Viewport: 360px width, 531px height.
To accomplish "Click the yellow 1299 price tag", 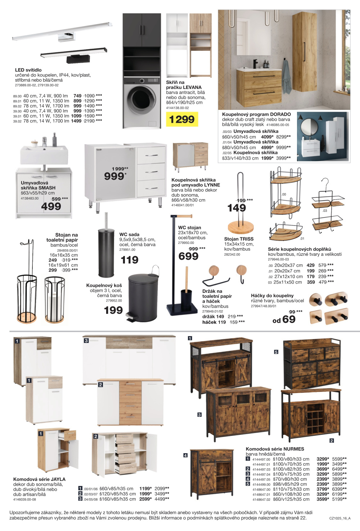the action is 182,119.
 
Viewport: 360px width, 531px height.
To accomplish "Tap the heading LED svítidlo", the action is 28,70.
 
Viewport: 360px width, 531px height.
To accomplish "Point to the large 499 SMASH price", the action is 51,206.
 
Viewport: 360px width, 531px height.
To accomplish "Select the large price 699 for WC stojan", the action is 188,256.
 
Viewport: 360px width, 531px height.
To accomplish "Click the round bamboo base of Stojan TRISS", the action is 240,227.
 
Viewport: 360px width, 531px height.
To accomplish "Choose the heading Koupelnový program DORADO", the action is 256,114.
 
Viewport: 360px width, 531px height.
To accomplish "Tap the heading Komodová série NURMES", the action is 275,449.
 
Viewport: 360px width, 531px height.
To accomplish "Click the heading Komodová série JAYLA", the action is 39,479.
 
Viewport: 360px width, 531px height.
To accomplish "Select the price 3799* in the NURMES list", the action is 323,489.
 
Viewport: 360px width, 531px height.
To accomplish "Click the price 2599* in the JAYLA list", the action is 145,499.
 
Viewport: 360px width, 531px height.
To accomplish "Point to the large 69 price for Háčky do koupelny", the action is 289,319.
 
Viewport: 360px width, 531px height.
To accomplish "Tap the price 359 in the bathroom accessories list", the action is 311,282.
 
